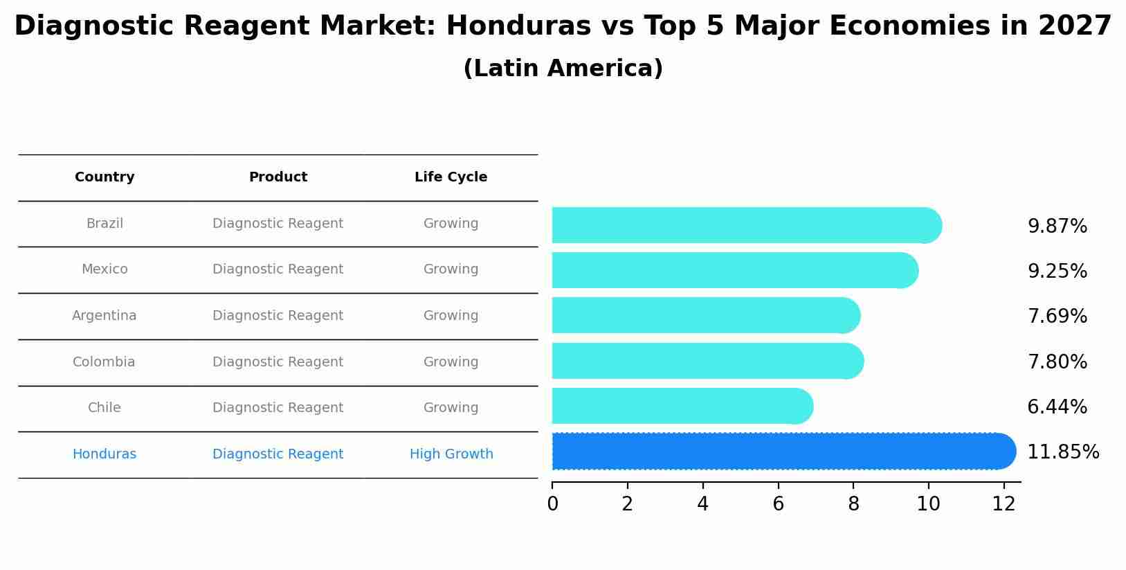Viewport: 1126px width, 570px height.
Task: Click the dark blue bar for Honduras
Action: [x=782, y=452]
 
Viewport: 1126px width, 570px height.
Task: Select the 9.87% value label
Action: [x=1057, y=226]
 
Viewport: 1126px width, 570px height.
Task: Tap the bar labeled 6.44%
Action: [x=682, y=406]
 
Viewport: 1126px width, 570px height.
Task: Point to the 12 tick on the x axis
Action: [x=1004, y=504]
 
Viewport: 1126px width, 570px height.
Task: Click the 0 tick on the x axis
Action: [x=552, y=504]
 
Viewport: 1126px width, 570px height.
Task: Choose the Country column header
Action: [x=105, y=177]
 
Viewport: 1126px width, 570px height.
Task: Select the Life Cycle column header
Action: [x=451, y=177]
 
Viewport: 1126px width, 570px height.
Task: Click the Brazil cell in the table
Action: [x=105, y=224]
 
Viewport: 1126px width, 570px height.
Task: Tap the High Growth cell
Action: [x=451, y=454]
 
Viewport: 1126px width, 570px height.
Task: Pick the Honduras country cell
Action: [x=105, y=454]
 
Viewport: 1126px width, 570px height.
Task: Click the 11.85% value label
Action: [x=1062, y=452]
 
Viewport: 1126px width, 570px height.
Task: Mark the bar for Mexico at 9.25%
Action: [x=734, y=270]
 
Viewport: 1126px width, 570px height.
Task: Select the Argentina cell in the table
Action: [x=105, y=316]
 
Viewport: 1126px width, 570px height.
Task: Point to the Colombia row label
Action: [x=104, y=362]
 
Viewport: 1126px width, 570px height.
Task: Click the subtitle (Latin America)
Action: [x=563, y=69]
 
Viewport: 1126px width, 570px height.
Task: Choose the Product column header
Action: [x=278, y=177]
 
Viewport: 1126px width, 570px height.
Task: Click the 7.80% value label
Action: [x=1057, y=362]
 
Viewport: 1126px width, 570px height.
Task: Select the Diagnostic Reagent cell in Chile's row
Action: [x=278, y=408]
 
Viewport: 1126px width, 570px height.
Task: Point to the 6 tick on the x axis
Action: [x=778, y=504]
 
